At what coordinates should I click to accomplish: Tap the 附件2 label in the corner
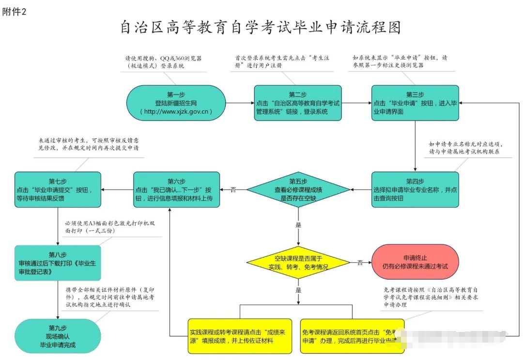(15, 12)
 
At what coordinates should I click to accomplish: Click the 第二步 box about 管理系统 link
(298, 103)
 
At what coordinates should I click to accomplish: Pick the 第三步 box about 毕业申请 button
(415, 103)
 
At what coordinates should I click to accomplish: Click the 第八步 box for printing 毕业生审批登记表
(58, 263)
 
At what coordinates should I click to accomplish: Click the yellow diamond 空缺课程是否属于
(298, 263)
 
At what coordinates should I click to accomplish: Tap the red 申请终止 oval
(415, 262)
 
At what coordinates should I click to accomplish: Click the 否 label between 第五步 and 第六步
(233, 190)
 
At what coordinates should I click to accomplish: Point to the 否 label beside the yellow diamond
(360, 263)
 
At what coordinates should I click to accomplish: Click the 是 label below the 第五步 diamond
(298, 225)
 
